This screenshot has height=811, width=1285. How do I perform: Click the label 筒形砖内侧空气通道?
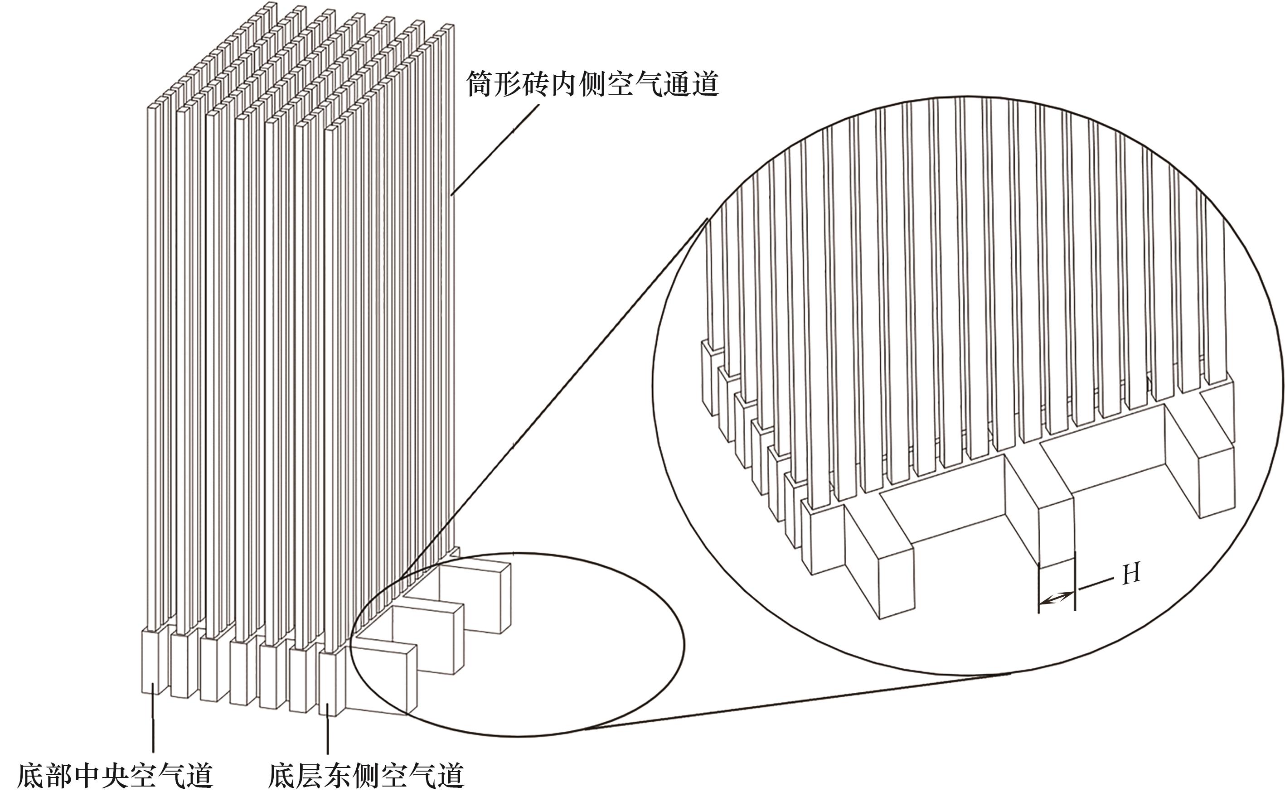click(592, 84)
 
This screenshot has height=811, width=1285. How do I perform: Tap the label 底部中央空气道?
click(115, 776)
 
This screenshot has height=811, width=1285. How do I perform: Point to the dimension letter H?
click(1131, 574)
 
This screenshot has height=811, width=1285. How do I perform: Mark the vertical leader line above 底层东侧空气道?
click(328, 731)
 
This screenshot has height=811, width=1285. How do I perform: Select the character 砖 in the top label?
click(536, 84)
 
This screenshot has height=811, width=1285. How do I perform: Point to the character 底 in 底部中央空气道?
click(31, 776)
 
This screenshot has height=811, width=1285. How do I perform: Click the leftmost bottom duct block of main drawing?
click(151, 661)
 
